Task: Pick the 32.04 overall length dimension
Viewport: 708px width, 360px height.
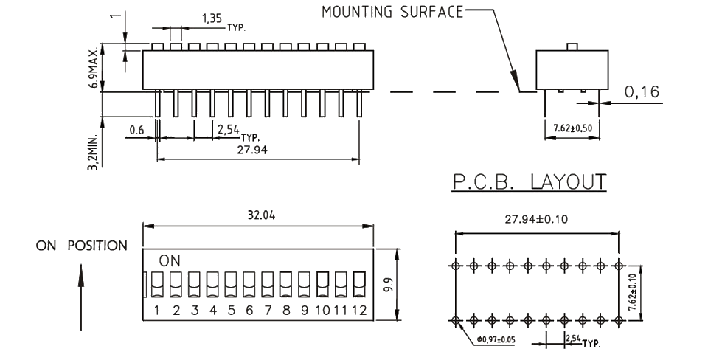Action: [x=258, y=215]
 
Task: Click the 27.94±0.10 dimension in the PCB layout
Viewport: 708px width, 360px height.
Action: [x=536, y=219]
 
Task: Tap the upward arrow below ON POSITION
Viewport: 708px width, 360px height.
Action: [x=81, y=295]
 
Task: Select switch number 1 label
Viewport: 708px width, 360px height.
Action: [x=158, y=311]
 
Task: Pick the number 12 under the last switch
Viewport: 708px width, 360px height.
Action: [x=360, y=311]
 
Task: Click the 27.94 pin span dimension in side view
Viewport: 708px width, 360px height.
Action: [x=258, y=151]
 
